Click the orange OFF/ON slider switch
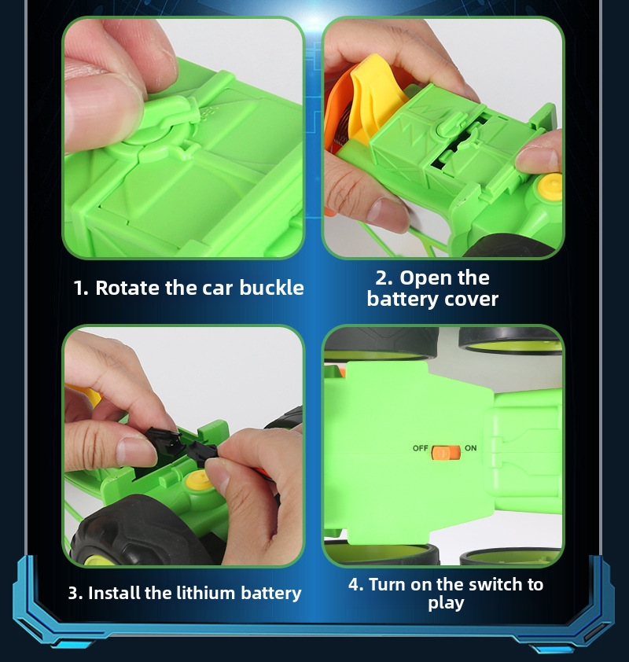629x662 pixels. (x=446, y=452)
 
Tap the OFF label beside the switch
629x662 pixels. (x=420, y=448)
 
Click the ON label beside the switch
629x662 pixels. (x=471, y=448)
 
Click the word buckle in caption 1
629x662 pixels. (x=271, y=288)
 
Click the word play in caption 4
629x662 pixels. (x=446, y=603)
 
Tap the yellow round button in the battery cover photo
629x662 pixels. (x=550, y=186)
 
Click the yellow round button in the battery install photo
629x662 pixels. (x=199, y=480)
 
